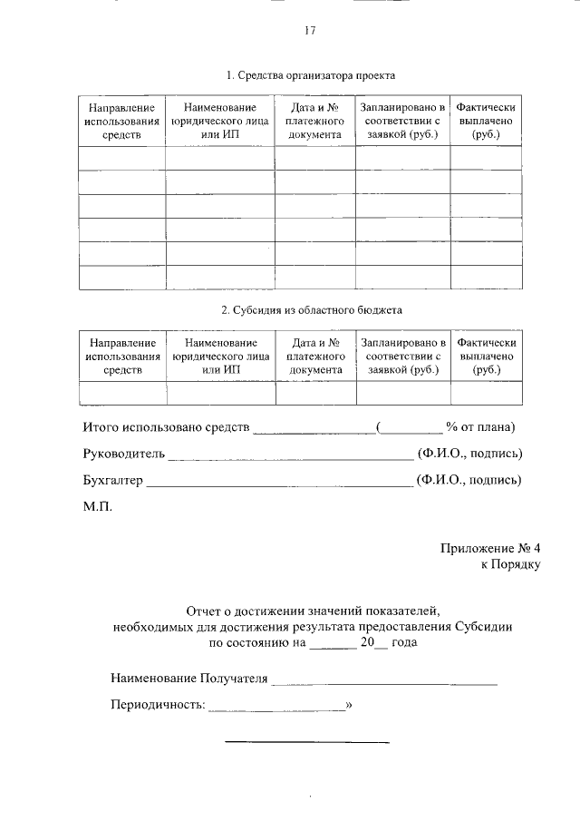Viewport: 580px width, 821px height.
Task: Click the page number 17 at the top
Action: [x=309, y=32]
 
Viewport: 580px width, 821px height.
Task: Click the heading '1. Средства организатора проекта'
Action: [x=311, y=75]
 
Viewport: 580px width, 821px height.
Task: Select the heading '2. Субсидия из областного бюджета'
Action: [x=311, y=309]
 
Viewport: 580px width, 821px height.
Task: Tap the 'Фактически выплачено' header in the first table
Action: [x=486, y=121]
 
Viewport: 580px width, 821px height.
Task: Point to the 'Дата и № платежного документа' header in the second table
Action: [x=315, y=356]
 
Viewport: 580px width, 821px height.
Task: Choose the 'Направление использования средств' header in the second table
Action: [x=122, y=356]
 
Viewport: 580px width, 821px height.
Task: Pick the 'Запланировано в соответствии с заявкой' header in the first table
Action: [x=402, y=121]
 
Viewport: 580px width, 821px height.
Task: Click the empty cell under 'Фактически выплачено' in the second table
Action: [x=487, y=393]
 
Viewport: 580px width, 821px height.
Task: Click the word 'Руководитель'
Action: [x=121, y=454]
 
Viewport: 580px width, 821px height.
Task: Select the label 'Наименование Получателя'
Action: [x=188, y=678]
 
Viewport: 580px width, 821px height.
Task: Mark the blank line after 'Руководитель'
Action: [x=290, y=456]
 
